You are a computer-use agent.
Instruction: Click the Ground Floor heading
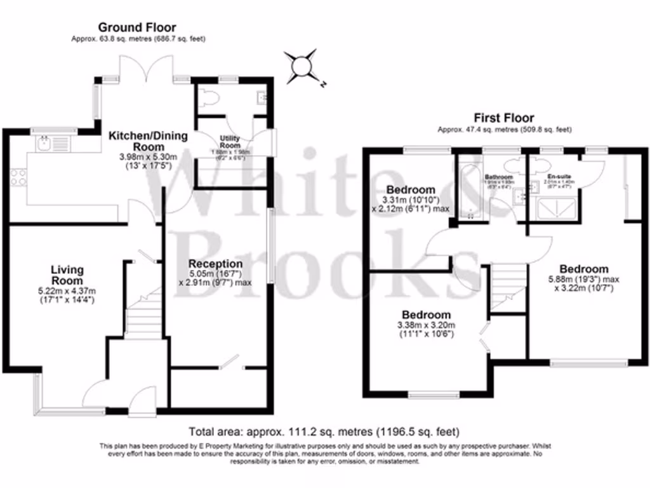tap(136, 27)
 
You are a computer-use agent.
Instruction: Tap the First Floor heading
tap(504, 118)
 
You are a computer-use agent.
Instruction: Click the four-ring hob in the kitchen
tap(18, 176)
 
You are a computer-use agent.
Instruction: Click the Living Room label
tap(67, 275)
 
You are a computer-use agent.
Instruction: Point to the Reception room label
tap(216, 264)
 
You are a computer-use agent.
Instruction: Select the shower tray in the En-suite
tap(557, 207)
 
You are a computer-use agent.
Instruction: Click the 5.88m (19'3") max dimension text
tap(583, 279)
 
